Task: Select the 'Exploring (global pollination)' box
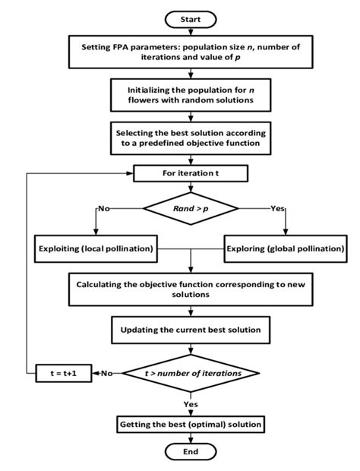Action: click(286, 248)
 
